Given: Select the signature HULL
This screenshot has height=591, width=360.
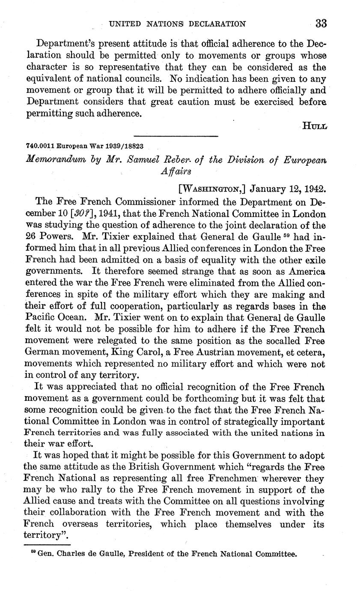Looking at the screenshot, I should coord(315,125).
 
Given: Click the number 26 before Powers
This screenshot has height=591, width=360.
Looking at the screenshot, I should coord(32,236).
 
